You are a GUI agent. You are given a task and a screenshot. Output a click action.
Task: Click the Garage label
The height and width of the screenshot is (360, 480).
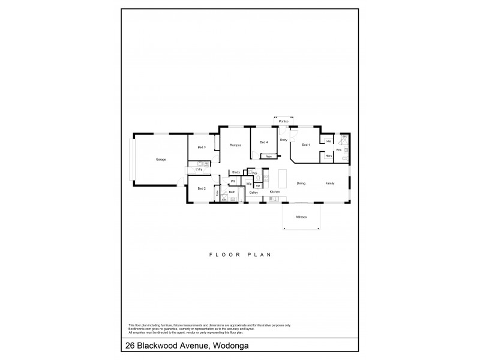pyautogui.click(x=161, y=160)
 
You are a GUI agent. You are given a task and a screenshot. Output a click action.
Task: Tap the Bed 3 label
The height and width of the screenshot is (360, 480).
pyautogui.click(x=202, y=148)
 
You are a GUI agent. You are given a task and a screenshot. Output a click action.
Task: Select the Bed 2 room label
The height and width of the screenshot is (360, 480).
pyautogui.click(x=202, y=188)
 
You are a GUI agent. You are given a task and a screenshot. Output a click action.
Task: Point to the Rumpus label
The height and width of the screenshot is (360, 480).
pyautogui.click(x=235, y=145)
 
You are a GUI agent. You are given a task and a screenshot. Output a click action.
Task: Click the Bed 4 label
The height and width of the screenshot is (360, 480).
pyautogui.click(x=263, y=143)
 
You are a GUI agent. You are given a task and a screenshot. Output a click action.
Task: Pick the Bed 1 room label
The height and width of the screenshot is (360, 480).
pyautogui.click(x=305, y=145)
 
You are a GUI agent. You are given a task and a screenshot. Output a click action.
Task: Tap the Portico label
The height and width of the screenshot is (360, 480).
pyautogui.click(x=283, y=122)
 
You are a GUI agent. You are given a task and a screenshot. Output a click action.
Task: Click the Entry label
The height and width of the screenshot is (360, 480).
pyautogui.click(x=284, y=140)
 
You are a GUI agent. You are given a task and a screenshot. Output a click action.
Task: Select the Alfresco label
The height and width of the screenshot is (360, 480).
pyautogui.click(x=301, y=217)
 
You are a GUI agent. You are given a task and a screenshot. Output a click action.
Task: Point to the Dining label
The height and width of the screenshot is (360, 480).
pyautogui.click(x=301, y=183)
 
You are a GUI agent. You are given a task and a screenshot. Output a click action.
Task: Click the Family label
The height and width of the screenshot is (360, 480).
pyautogui.click(x=330, y=183)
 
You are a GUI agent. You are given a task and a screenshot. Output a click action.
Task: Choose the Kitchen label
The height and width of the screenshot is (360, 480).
pyautogui.click(x=274, y=192)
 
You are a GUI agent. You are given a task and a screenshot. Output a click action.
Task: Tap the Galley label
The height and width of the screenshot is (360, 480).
pyautogui.click(x=254, y=193)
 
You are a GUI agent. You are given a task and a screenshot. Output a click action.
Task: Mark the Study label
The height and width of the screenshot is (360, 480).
pyautogui.click(x=236, y=173)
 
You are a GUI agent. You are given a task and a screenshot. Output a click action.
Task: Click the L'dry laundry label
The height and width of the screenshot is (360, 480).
pyautogui.click(x=199, y=170)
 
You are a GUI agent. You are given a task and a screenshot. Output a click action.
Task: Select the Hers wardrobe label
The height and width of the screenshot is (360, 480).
pyautogui.click(x=328, y=156)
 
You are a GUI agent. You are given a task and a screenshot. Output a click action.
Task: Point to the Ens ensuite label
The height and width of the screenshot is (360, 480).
pyautogui.click(x=338, y=149)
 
